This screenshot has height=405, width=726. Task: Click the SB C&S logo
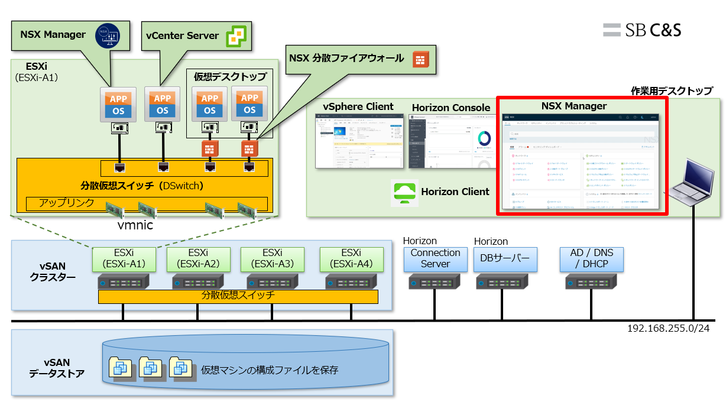tap(642, 30)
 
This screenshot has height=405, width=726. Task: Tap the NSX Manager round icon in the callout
tap(108, 35)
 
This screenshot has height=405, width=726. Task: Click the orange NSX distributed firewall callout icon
tap(420, 59)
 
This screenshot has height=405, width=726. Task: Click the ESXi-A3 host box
tap(272, 258)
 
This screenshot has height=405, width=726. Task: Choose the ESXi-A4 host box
tap(351, 258)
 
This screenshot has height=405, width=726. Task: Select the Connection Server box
tap(435, 258)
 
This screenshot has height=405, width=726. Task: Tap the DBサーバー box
tap(506, 258)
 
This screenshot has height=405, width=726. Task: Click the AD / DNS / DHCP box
tap(592, 258)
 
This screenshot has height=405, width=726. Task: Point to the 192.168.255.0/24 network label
tap(668, 328)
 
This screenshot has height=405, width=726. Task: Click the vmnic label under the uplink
tap(135, 225)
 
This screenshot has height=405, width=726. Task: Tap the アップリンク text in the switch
tap(66, 203)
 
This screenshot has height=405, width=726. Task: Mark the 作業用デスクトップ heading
tap(672, 91)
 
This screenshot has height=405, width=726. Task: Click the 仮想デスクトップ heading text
tap(231, 77)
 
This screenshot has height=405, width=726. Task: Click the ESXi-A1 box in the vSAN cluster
tap(124, 258)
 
